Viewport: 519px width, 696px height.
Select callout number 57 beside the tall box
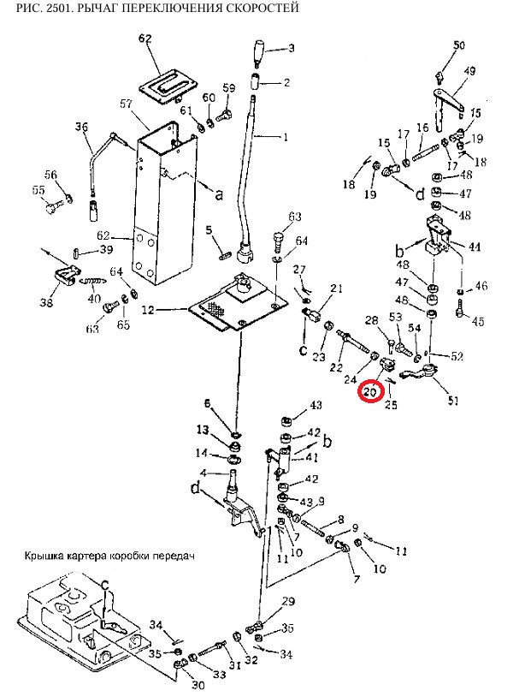coord(127,104)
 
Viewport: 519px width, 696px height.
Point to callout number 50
coord(459,45)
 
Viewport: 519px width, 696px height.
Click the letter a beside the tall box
coord(218,194)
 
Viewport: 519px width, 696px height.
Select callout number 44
coord(475,247)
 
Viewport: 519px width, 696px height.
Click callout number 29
coord(288,600)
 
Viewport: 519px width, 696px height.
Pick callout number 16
coord(422,128)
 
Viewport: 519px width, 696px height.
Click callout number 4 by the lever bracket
coord(203,473)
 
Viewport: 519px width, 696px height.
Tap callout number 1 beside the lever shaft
coord(286,137)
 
